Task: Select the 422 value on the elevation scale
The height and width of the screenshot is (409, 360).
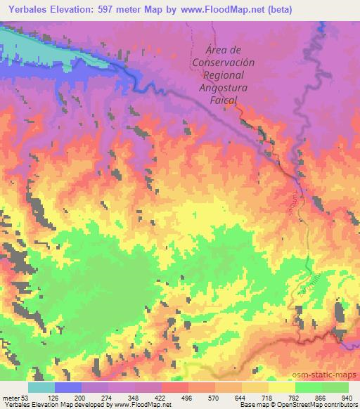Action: coord(160,397)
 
